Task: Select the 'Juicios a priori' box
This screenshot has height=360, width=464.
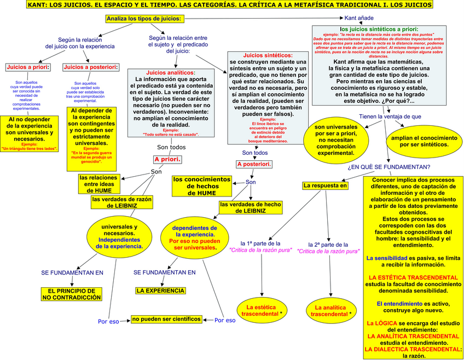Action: click(27, 67)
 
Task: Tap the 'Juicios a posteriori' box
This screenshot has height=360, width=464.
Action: click(90, 67)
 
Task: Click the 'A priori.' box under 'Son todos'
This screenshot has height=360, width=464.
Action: click(167, 160)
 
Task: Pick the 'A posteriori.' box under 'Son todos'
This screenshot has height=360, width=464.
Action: click(254, 164)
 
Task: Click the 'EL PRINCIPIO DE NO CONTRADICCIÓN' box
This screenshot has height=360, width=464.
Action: click(72, 294)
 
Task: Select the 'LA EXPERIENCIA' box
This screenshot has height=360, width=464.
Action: click(160, 291)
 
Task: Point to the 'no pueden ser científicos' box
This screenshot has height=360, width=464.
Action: click(166, 318)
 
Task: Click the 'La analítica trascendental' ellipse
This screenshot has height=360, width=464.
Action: click(330, 311)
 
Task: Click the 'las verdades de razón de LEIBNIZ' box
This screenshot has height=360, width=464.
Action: click(121, 203)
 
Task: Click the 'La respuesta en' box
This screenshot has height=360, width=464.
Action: click(326, 185)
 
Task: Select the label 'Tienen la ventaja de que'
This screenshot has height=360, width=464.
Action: click(390, 117)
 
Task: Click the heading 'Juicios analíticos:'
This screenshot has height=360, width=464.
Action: click(171, 73)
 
